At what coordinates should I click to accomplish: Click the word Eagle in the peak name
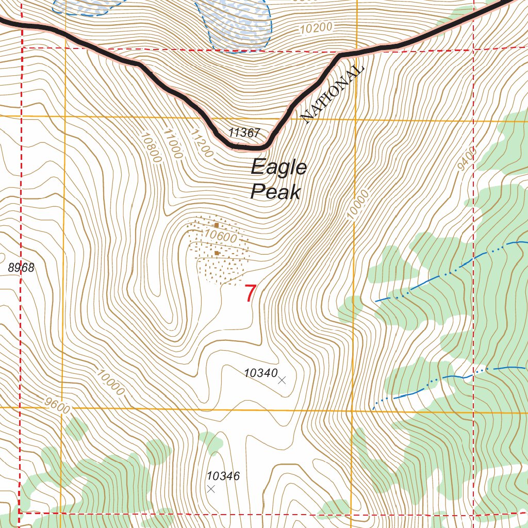(x=279, y=168)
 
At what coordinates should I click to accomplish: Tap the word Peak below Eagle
(x=275, y=192)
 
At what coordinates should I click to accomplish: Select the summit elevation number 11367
(x=244, y=133)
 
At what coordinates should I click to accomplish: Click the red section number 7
(x=250, y=293)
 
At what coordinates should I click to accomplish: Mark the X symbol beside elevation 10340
(x=282, y=381)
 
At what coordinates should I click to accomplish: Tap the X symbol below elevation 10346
(x=211, y=489)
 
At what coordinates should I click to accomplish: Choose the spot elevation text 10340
(x=261, y=372)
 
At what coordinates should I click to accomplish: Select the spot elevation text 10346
(x=223, y=476)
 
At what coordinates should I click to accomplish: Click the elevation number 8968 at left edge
(x=21, y=268)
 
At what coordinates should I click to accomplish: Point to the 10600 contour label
(x=220, y=238)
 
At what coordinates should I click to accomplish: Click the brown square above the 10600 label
(x=217, y=225)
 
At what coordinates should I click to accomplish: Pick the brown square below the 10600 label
(x=217, y=253)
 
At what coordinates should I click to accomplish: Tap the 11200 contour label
(x=201, y=144)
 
